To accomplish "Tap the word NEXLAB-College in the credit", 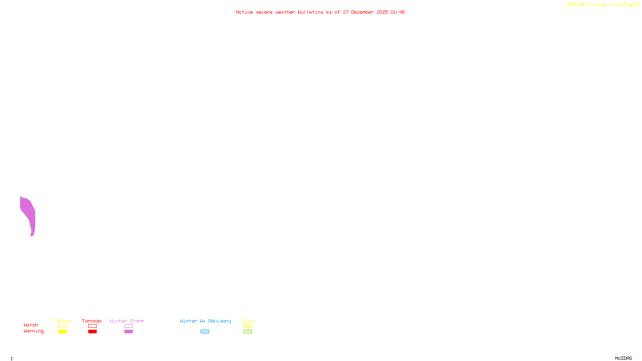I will click(x=587, y=5).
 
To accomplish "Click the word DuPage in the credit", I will click(x=626, y=5).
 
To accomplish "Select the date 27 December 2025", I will click(x=365, y=12).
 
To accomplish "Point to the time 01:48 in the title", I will click(x=397, y=12).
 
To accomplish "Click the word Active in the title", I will click(x=244, y=12).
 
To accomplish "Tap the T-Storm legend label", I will click(x=62, y=321).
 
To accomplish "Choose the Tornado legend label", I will click(x=92, y=321).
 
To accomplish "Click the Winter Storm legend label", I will click(x=127, y=321).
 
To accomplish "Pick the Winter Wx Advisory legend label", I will click(x=205, y=321).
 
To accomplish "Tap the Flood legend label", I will click(x=248, y=321).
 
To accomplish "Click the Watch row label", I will click(x=31, y=325).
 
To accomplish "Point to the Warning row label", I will click(x=33, y=331).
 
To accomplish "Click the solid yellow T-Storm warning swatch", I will click(x=62, y=332).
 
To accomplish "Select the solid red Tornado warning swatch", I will click(x=92, y=332).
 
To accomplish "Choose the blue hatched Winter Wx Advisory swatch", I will click(x=205, y=332).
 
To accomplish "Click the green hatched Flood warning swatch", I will click(x=248, y=332).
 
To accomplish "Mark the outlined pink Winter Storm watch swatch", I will click(x=128, y=326).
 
